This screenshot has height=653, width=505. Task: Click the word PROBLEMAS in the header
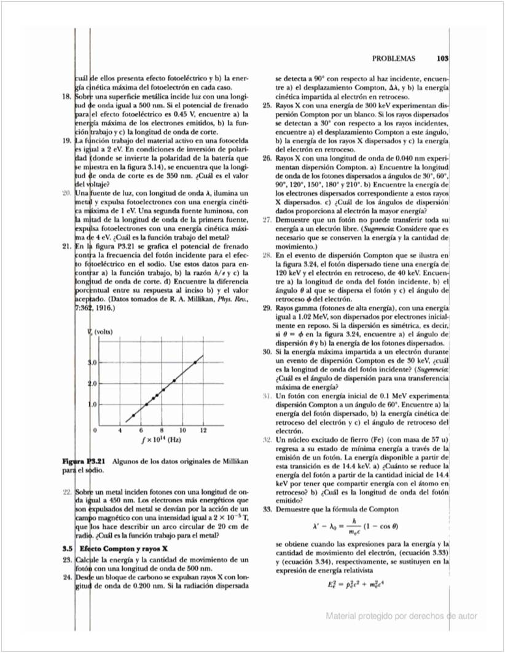coord(394,59)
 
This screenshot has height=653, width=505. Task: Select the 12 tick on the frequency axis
coord(203,430)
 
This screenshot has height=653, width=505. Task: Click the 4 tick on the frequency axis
coord(120,430)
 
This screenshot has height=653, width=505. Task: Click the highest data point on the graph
coord(195,362)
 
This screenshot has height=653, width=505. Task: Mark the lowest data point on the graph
coord(133,416)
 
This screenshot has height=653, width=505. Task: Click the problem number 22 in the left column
coord(68,493)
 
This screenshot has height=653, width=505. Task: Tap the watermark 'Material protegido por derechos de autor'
coord(401,616)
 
